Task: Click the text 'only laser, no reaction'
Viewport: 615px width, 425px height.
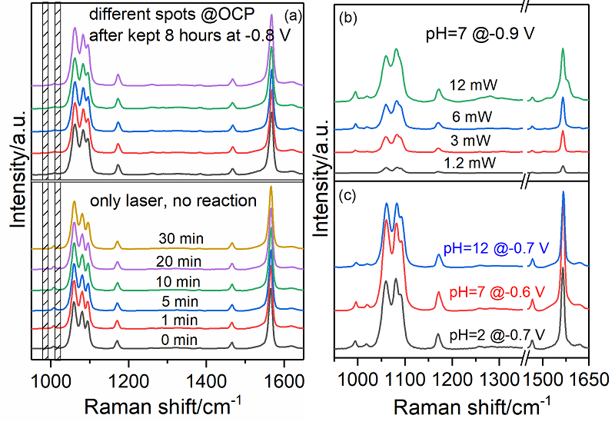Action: (173, 201)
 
